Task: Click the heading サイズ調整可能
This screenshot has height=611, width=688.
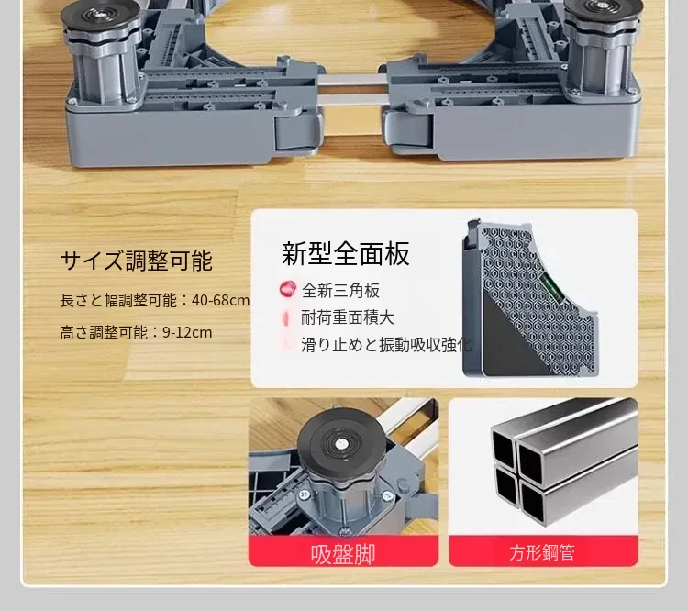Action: (137, 261)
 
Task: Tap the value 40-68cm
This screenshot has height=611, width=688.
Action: (221, 301)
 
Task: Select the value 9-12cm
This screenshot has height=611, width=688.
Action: (187, 332)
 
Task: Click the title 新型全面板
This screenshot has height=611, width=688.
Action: (346, 253)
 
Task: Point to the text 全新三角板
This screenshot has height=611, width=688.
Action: (340, 290)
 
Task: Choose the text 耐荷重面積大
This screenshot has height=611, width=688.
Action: (348, 317)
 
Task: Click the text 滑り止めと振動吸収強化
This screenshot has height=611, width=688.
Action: (386, 345)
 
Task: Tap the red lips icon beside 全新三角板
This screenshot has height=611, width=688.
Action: (287, 289)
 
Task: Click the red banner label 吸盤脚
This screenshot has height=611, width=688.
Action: (343, 553)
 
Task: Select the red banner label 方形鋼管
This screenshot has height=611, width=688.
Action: (543, 552)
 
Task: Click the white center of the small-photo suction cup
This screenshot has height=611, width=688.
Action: (341, 444)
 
